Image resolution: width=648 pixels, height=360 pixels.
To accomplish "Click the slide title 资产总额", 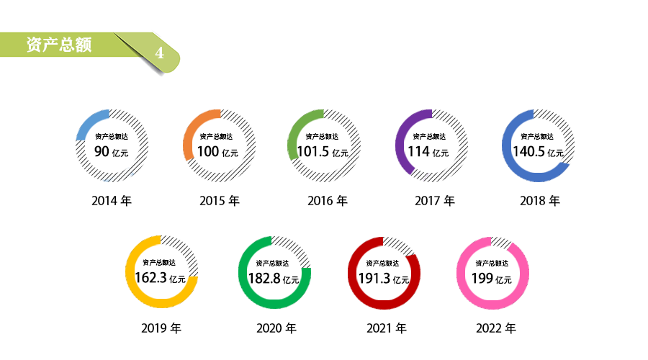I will [58, 45].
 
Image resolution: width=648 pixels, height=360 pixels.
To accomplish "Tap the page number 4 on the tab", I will [160, 54].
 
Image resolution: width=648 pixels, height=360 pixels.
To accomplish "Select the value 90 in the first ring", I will [102, 151].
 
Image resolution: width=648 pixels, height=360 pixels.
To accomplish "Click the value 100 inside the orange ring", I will [207, 151].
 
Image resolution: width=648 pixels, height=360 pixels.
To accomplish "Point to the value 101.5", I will [312, 151].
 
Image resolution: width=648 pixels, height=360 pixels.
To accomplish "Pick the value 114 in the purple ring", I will [418, 151].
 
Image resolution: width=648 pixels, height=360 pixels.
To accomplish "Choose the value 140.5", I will [528, 151].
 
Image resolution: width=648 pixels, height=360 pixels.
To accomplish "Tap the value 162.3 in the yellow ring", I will [150, 278].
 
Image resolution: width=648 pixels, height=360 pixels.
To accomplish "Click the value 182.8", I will [264, 278].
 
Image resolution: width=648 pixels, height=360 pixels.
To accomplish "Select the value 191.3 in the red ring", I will [374, 278].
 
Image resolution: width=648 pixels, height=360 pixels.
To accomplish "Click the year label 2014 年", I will [112, 201].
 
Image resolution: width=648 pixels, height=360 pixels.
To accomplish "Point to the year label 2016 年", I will [328, 201].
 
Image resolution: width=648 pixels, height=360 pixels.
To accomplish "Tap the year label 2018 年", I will [540, 201].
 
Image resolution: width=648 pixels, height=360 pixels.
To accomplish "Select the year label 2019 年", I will [161, 328].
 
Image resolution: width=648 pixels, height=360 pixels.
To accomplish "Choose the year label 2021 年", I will [387, 328].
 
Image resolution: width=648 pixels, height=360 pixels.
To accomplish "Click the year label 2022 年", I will [496, 328].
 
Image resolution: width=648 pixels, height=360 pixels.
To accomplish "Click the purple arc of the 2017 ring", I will [401, 140].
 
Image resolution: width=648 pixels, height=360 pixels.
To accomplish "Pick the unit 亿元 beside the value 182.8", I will [291, 279].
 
